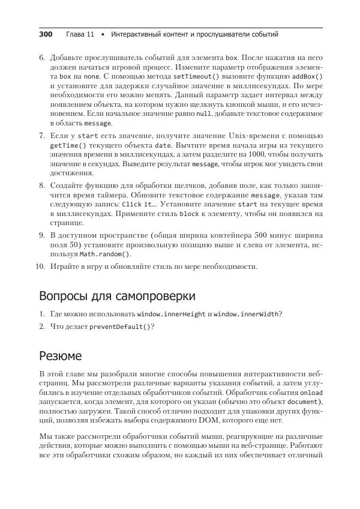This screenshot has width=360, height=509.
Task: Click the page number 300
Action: [46, 35]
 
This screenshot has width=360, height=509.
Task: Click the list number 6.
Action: [41, 58]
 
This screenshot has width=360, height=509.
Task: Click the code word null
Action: [203, 113]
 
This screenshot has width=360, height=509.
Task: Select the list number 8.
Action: [41, 186]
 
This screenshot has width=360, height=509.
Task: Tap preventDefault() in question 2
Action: [120, 327]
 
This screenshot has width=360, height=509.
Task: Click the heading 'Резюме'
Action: [61, 356]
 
